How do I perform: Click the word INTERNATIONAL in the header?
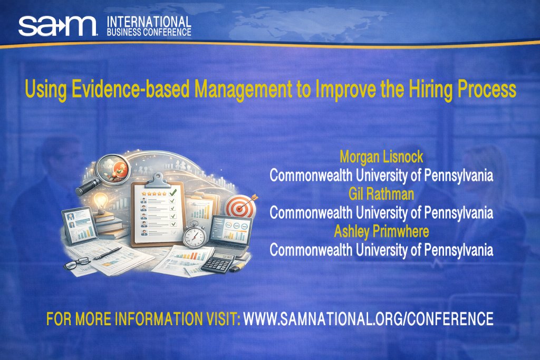click(149, 22)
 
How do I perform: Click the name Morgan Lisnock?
click(381, 157)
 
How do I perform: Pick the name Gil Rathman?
click(381, 194)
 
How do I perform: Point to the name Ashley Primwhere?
click(381, 231)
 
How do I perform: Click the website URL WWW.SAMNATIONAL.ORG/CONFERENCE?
click(368, 319)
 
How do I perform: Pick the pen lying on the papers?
click(111, 252)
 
